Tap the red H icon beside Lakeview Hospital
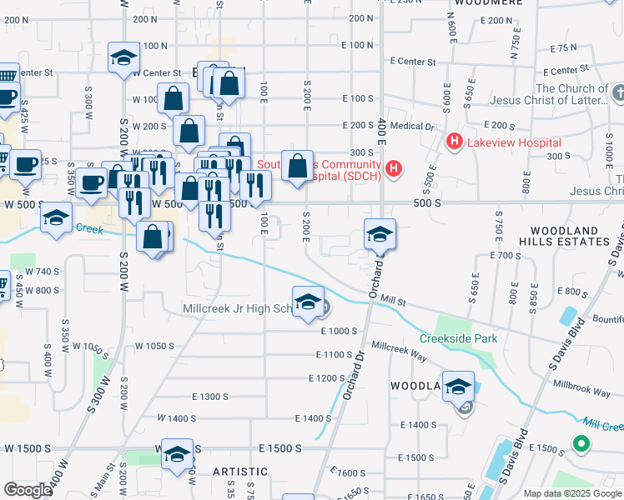454,142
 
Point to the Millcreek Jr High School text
236,309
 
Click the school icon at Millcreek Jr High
308,302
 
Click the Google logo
28,489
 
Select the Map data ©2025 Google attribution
572,493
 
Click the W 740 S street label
42,272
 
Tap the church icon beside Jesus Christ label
618,90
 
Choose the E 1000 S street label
338,331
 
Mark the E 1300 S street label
209,397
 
